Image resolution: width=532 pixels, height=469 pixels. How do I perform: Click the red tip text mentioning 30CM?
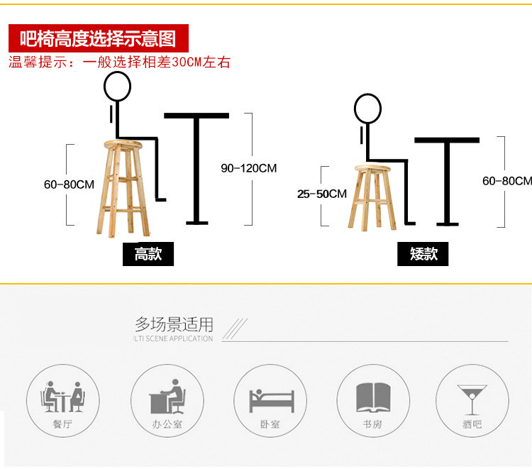tap(119, 62)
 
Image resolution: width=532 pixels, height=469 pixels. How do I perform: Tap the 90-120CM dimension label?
tap(248, 168)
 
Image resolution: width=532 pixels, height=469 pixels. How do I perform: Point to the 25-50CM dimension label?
tap(322, 194)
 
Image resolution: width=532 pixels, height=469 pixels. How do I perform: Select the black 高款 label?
tap(148, 254)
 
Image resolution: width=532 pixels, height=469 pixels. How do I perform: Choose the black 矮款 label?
tap(423, 254)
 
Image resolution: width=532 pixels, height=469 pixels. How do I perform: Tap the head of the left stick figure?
tap(118, 87)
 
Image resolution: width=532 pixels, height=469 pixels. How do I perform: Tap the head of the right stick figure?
tap(367, 109)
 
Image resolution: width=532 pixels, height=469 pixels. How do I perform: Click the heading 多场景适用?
tap(174, 325)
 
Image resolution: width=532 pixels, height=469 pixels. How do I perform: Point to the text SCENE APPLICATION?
tap(178, 338)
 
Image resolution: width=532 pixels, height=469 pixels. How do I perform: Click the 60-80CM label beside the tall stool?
tap(69, 184)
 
